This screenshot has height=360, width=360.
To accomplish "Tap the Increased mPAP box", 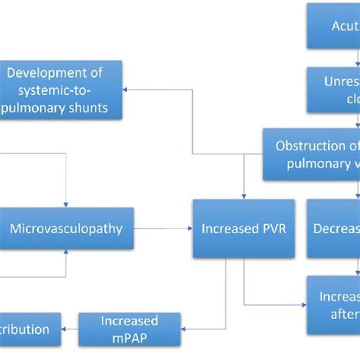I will [128, 329].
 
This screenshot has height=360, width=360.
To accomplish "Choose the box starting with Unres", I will [333, 90].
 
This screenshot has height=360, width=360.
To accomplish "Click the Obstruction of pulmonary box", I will [311, 154].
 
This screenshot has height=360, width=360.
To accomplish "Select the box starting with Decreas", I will [334, 228].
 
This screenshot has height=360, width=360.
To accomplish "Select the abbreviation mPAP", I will [129, 337].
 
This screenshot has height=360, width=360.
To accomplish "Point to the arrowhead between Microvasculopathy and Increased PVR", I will [188, 228].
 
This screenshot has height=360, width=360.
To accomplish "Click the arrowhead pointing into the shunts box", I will [131, 90].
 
